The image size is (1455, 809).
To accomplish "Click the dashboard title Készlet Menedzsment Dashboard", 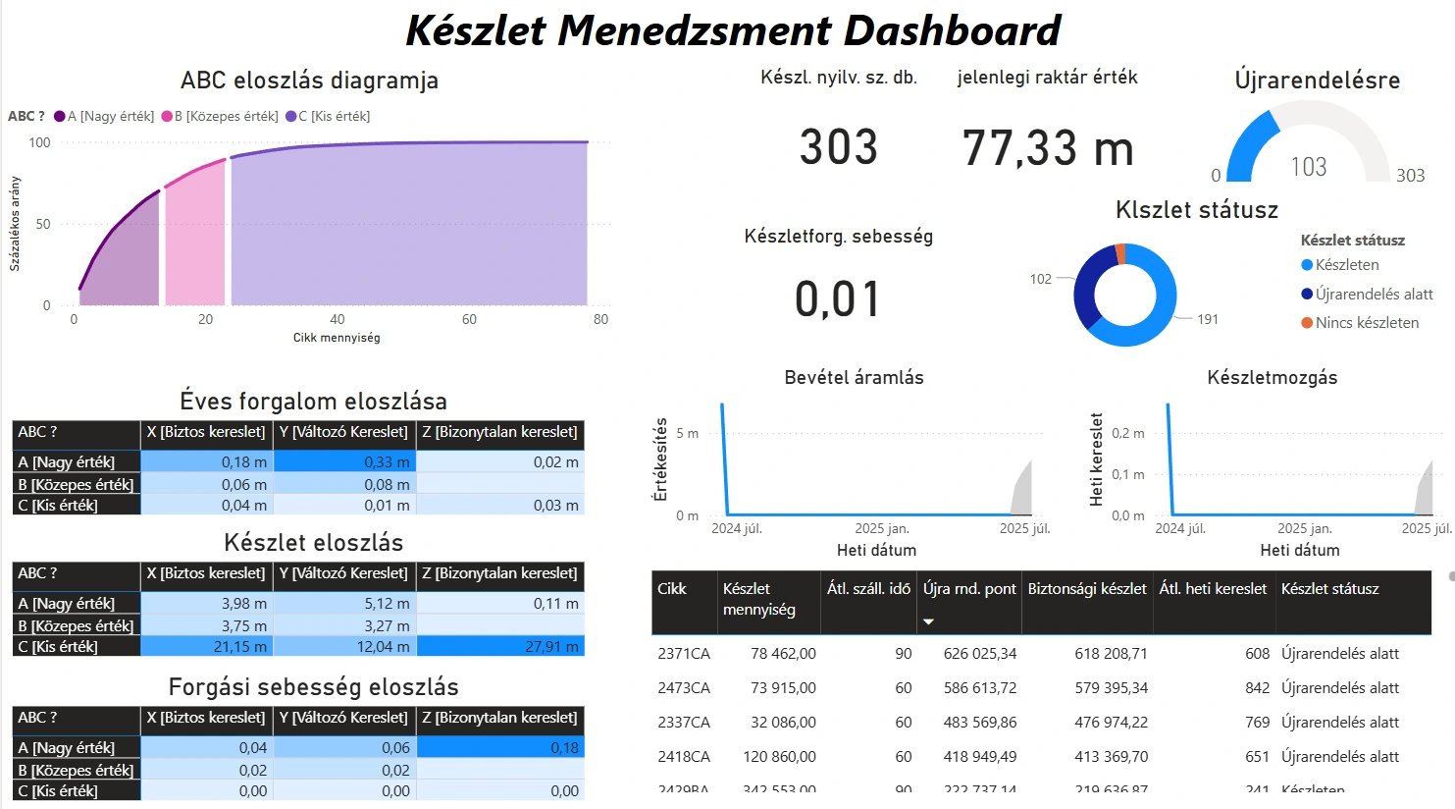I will point(733,30).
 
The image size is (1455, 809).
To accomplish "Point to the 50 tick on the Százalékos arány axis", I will point(42,224).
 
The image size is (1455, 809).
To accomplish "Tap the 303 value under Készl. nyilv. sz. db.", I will point(838,148).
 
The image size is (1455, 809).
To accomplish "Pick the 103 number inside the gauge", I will point(1308,167).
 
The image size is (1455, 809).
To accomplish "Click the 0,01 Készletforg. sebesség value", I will point(838,299).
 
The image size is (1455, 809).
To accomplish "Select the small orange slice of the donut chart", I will point(1120,254).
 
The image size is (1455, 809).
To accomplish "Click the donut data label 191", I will point(1208,319).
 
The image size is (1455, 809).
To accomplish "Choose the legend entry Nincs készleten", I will point(1367,323).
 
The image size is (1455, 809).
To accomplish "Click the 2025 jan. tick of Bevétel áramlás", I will point(882,528).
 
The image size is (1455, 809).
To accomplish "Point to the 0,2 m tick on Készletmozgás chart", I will point(1127,433).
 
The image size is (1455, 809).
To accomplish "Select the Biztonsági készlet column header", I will point(1087,589).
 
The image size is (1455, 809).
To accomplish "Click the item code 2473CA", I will point(684,688).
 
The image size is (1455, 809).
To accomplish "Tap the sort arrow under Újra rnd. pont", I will point(928,621).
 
